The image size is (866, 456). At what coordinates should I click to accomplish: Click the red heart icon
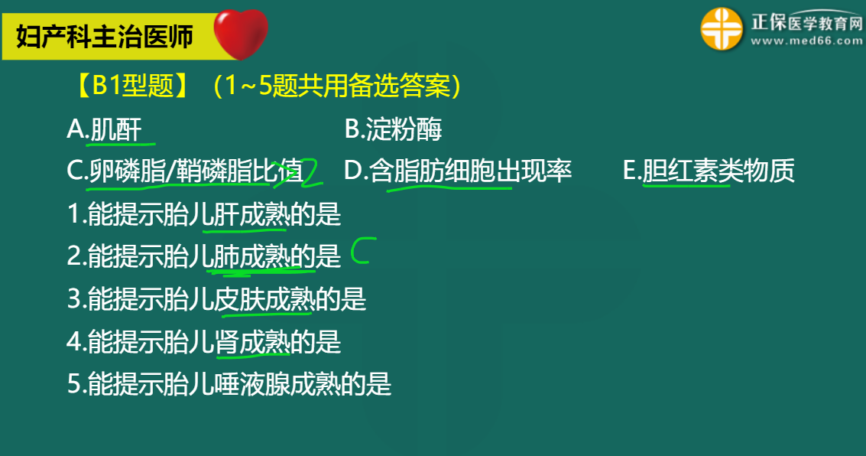tap(240, 33)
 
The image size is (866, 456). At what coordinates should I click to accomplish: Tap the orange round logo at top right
tap(722, 30)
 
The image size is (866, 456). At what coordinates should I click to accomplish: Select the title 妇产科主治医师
tap(105, 36)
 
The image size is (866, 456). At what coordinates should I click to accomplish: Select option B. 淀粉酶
tap(393, 130)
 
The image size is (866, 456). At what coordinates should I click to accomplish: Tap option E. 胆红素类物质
tap(709, 171)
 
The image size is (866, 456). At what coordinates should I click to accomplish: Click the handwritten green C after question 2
tap(359, 251)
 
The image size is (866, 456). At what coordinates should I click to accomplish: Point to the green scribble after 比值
tap(306, 173)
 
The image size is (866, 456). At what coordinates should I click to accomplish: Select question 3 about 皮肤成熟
tap(216, 299)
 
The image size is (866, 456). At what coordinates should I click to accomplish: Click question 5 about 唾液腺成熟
tap(229, 383)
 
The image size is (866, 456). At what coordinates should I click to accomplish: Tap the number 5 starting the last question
tap(73, 384)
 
